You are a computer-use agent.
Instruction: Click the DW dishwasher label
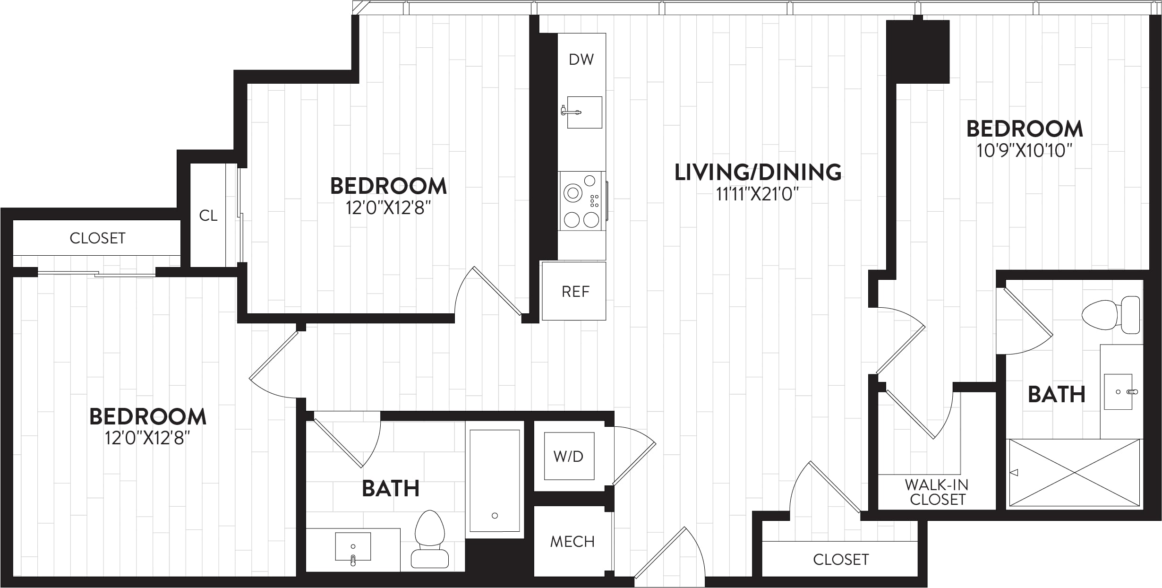(x=581, y=60)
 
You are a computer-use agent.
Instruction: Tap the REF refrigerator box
(x=574, y=291)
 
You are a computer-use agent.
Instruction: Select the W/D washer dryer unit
(x=569, y=456)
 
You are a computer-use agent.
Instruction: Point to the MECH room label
(x=572, y=541)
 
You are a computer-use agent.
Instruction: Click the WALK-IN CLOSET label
(x=937, y=492)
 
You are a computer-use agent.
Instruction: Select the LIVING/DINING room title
(x=758, y=172)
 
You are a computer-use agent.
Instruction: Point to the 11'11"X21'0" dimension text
(x=757, y=194)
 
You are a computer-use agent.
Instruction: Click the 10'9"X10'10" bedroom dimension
(x=1024, y=151)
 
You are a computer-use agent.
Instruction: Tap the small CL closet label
(x=208, y=216)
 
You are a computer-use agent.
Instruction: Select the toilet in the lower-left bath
(x=430, y=538)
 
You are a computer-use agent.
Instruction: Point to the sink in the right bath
(x=1118, y=392)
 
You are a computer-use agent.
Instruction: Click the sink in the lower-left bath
(x=353, y=547)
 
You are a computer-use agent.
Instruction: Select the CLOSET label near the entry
(x=841, y=560)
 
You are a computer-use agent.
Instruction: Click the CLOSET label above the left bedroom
(x=97, y=238)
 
